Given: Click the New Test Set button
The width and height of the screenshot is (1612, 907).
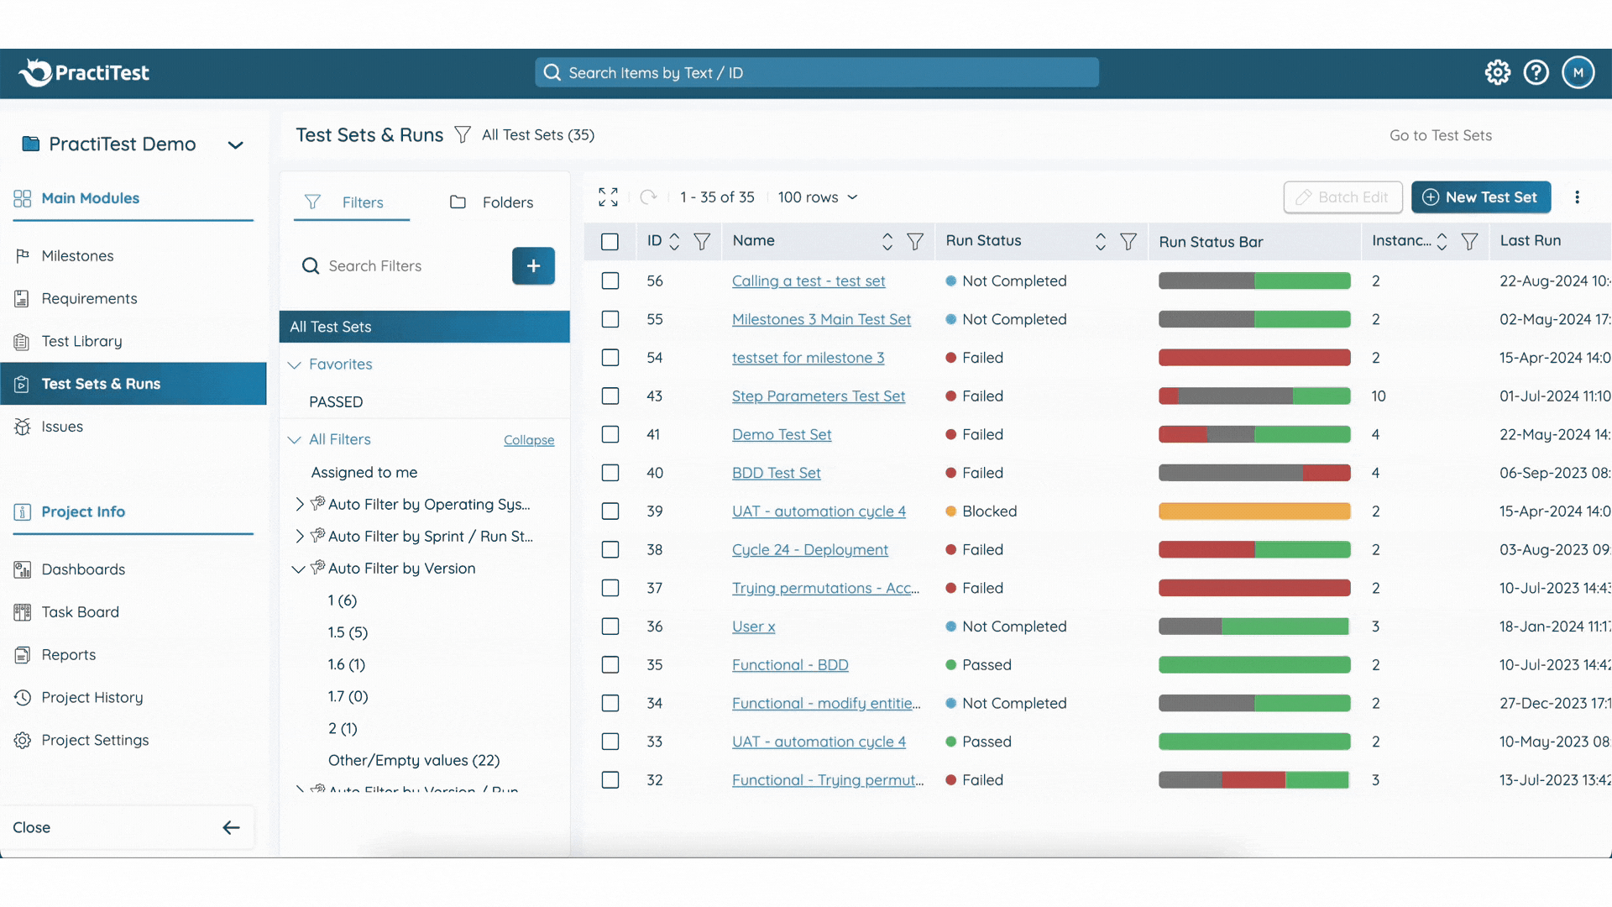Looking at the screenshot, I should pyautogui.click(x=1481, y=197).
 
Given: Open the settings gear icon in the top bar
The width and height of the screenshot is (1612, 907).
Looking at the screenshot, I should pyautogui.click(x=1497, y=73).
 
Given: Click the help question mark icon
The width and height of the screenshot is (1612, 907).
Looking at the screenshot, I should pyautogui.click(x=1536, y=73).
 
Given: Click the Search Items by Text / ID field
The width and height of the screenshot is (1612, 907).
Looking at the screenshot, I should pyautogui.click(x=816, y=73).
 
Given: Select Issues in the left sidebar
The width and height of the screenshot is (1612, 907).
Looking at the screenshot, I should pyautogui.click(x=62, y=427).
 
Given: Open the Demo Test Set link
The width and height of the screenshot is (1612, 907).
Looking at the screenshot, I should pyautogui.click(x=781, y=435).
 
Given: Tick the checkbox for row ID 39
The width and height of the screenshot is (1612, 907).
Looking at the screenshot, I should pyautogui.click(x=610, y=511).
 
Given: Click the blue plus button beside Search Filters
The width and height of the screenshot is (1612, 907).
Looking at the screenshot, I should pyautogui.click(x=533, y=266).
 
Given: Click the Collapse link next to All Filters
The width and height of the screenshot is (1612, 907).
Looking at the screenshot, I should pyautogui.click(x=528, y=440).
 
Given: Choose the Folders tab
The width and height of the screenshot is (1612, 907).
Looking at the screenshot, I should pyautogui.click(x=492, y=202).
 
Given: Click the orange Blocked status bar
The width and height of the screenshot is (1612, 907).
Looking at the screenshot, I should pyautogui.click(x=1253, y=511).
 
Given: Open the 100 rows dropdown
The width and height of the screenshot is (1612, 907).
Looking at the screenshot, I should pyautogui.click(x=817, y=197).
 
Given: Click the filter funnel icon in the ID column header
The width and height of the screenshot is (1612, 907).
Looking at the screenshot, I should pyautogui.click(x=702, y=242).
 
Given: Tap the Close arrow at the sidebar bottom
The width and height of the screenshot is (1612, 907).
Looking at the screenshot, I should pyautogui.click(x=231, y=828).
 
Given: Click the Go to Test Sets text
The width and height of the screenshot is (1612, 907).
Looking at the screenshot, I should pyautogui.click(x=1440, y=136).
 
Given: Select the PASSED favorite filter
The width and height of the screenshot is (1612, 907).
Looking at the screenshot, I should pyautogui.click(x=336, y=402).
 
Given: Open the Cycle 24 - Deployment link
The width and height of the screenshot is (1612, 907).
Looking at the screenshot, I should pyautogui.click(x=809, y=550).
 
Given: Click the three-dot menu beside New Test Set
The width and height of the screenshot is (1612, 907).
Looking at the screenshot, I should pyautogui.click(x=1577, y=197).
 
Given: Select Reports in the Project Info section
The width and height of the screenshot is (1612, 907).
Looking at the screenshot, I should pyautogui.click(x=69, y=655).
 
